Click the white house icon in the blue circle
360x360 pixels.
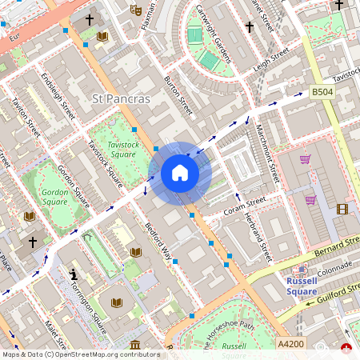click(180, 173)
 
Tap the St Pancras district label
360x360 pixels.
click(122, 99)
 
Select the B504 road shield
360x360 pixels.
click(322, 93)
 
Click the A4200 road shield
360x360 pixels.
click(290, 342)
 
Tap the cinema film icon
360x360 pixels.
click(343, 210)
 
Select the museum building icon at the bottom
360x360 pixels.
click(134, 346)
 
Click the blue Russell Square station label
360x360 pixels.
click(302, 286)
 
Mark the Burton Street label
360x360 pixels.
click(178, 94)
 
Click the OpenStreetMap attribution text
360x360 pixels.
click(81, 354)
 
